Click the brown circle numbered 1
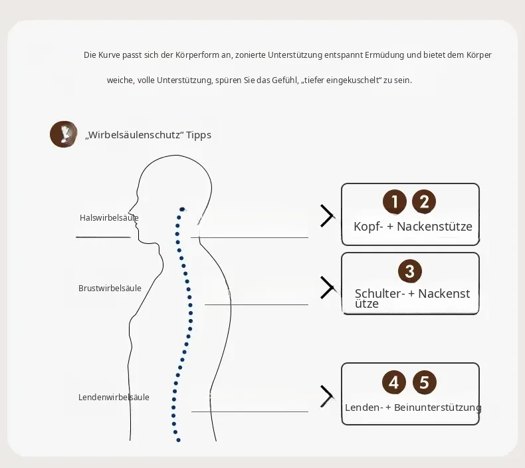[x=395, y=201]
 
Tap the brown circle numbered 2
[x=424, y=201]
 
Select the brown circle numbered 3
[x=410, y=271]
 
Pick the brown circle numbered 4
[x=393, y=382]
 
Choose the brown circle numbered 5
[x=424, y=382]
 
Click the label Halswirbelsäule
[x=109, y=218]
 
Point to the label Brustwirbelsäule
[x=110, y=288]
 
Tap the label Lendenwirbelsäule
[x=114, y=398]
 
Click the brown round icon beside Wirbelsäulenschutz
[x=64, y=134]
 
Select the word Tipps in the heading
[x=199, y=135]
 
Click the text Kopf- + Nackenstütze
[x=413, y=227]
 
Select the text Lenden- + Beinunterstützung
[x=413, y=408]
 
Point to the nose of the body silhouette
[x=130, y=212]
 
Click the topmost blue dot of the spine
[x=182, y=209]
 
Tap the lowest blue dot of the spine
[x=179, y=440]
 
